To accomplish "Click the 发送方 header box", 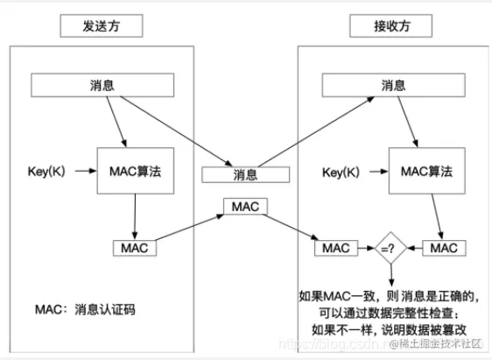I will (x=102, y=26).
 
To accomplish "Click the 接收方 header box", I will (x=390, y=26).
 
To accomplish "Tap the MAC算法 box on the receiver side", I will (x=426, y=170).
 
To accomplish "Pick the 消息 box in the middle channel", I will (x=246, y=174).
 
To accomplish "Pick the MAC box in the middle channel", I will (x=246, y=207).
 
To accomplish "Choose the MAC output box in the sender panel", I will (x=135, y=248).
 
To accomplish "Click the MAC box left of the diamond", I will (x=337, y=248).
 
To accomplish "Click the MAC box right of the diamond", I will (x=444, y=248).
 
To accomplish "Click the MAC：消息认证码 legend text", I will (x=86, y=310).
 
